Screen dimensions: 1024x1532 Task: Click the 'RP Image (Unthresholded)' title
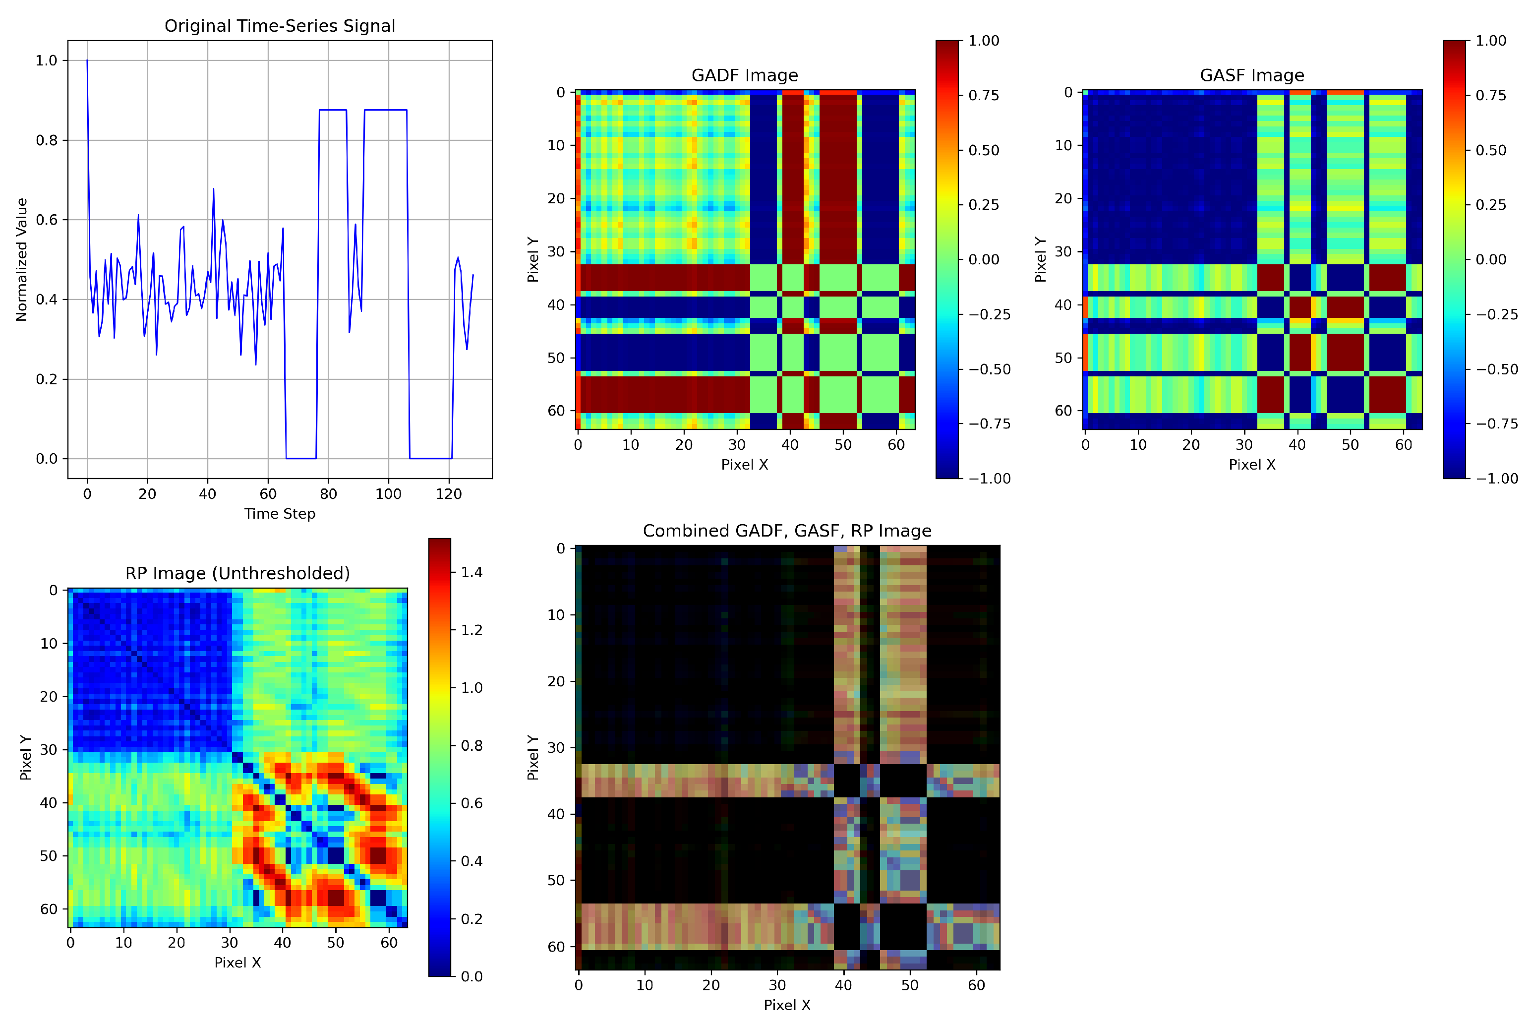point(237,573)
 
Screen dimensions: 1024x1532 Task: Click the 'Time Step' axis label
point(279,513)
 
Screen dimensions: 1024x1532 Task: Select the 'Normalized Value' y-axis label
point(21,259)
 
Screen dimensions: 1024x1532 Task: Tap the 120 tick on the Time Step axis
point(448,494)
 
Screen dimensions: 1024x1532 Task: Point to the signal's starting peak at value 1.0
point(87,60)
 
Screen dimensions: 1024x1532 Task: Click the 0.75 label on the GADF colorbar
point(983,95)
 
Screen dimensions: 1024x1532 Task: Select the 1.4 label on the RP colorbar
point(471,572)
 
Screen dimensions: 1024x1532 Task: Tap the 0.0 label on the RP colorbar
point(471,976)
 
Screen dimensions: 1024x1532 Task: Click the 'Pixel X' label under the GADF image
point(744,464)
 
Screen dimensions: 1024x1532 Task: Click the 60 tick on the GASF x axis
point(1404,445)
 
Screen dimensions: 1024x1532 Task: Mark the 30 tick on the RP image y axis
point(49,750)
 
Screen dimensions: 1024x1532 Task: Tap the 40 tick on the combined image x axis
point(843,985)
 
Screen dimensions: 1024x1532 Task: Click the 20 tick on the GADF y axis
point(556,198)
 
